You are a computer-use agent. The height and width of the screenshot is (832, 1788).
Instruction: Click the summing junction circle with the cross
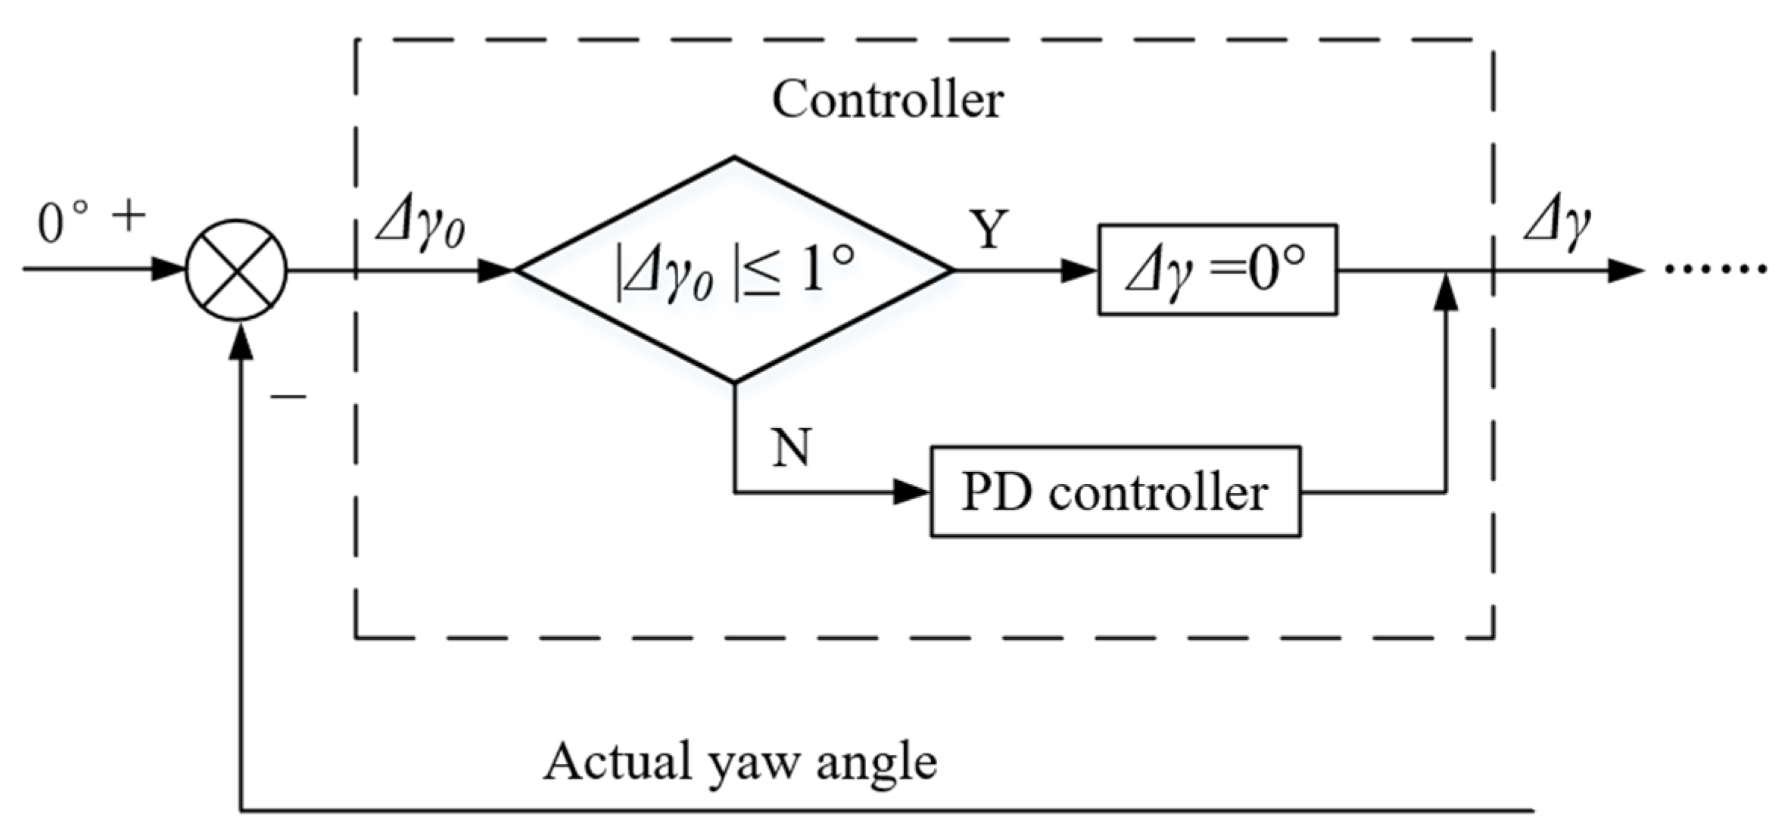(x=236, y=270)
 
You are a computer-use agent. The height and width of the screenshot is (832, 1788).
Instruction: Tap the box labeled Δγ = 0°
(x=1217, y=270)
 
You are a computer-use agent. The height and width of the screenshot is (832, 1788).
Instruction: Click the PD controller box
(x=1115, y=492)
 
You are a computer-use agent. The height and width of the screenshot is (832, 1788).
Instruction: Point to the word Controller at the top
(x=887, y=100)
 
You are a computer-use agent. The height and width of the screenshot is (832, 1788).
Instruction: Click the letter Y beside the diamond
(x=990, y=229)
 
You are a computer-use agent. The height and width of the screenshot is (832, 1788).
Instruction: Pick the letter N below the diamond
(x=792, y=447)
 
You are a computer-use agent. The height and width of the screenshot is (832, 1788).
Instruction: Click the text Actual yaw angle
(x=740, y=762)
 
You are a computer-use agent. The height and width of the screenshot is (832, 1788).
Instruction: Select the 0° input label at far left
(x=62, y=225)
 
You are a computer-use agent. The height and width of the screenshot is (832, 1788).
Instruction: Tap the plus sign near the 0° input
(x=129, y=218)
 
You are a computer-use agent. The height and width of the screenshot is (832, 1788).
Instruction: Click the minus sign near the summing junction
(x=288, y=396)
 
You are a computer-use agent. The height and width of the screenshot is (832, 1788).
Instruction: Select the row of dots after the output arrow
(x=1716, y=269)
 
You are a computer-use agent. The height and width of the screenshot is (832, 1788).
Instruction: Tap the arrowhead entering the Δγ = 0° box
(x=1079, y=270)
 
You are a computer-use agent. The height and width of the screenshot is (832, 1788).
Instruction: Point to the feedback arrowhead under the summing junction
(x=241, y=340)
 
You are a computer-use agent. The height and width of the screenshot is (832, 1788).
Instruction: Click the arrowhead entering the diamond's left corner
(x=495, y=270)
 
